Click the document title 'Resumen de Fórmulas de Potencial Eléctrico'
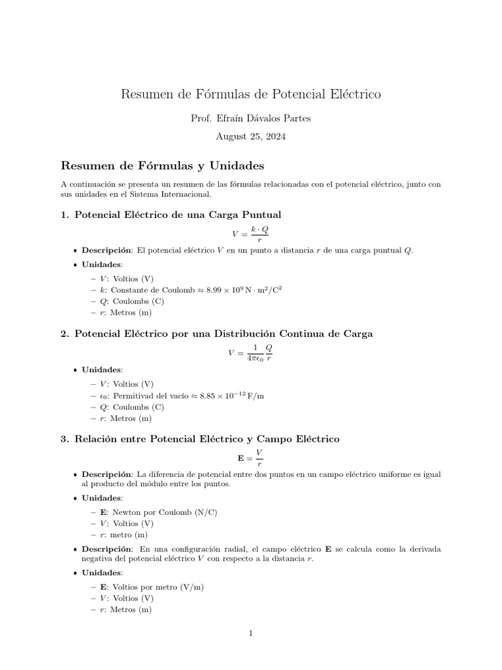click(250, 94)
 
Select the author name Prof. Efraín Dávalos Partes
click(250, 118)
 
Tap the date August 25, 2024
click(250, 137)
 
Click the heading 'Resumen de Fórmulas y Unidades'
click(162, 165)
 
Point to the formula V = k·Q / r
click(250, 234)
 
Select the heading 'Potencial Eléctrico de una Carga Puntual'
click(178, 215)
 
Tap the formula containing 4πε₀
click(250, 353)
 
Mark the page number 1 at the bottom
click(250, 633)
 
